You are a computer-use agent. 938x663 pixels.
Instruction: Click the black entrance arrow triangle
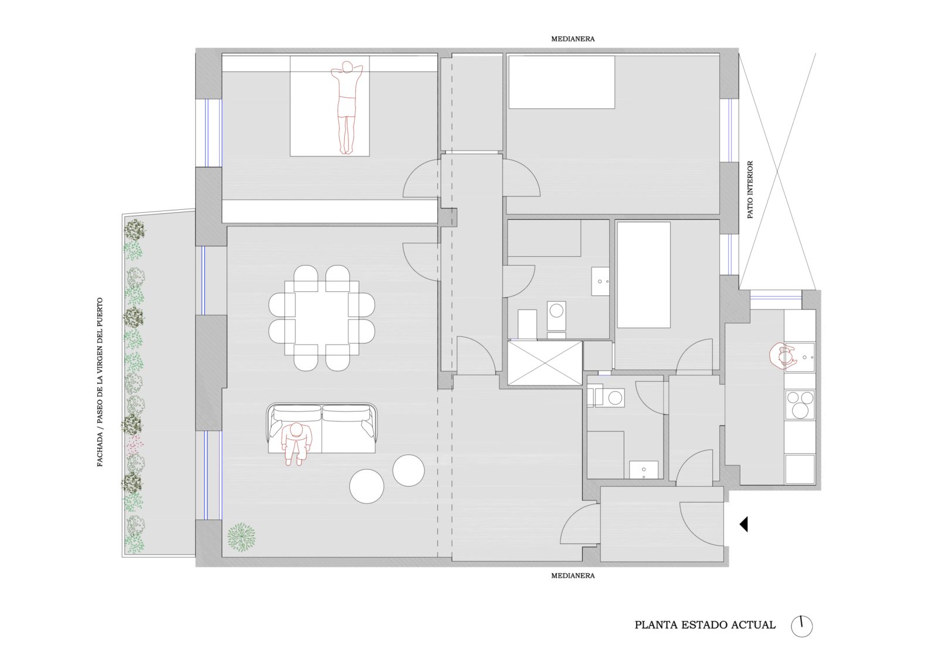(744, 525)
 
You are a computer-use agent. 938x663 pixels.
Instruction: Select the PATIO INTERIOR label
(750, 190)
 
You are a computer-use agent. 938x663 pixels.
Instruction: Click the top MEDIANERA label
(572, 39)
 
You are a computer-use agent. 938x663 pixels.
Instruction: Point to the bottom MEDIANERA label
(572, 576)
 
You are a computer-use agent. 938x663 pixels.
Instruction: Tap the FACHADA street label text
(100, 382)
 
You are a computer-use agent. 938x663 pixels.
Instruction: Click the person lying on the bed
(346, 108)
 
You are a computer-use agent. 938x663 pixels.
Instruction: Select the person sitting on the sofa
(297, 444)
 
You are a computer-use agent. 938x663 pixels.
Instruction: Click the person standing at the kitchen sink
(781, 356)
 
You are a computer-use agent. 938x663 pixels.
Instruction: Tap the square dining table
(322, 318)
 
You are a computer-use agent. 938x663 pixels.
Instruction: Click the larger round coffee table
(366, 486)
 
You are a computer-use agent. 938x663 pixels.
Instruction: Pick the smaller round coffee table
(408, 470)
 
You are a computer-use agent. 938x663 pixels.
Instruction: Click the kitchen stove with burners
(800, 404)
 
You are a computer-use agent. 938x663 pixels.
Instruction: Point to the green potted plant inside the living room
(241, 537)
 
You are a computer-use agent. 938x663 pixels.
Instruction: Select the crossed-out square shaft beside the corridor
(545, 363)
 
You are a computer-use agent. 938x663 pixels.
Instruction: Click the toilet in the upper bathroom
(556, 316)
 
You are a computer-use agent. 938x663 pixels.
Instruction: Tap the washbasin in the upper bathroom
(600, 281)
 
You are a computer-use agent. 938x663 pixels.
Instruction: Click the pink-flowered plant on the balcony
(135, 443)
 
